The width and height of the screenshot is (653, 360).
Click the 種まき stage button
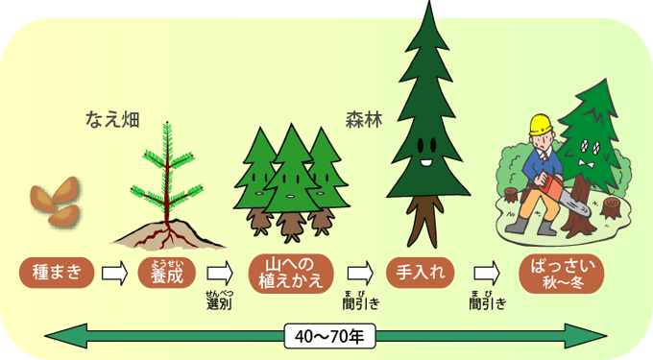click(x=57, y=272)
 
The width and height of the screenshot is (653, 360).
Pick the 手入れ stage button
click(x=420, y=272)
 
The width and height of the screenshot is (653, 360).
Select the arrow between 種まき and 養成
click(x=114, y=273)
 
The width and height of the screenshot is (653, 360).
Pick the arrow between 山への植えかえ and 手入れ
click(x=360, y=273)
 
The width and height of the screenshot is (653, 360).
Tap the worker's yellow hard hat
click(x=540, y=124)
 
